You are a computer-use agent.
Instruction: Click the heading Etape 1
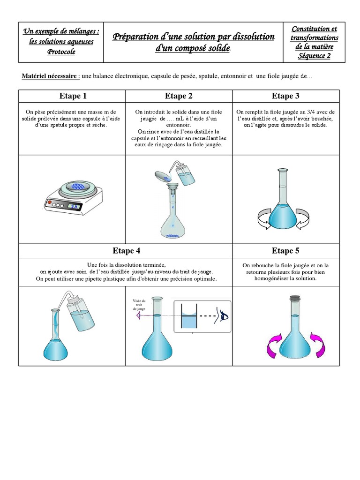click(73, 96)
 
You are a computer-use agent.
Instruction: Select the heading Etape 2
click(179, 96)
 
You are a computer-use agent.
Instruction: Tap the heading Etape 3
click(285, 96)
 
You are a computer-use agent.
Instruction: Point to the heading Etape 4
click(126, 250)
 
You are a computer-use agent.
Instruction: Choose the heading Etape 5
click(285, 250)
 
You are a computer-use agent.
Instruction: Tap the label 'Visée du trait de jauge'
click(139, 305)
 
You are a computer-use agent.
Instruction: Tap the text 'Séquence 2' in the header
click(314, 56)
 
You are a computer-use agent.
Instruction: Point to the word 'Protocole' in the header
click(61, 52)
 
